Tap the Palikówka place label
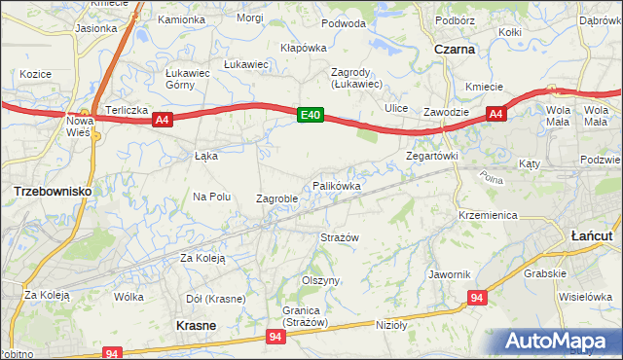[x=338, y=185]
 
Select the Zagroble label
[x=276, y=198]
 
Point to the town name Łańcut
[x=590, y=235]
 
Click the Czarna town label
[x=456, y=48]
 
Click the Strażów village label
[x=341, y=237]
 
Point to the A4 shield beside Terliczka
[x=163, y=121]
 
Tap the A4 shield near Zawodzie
[x=495, y=115]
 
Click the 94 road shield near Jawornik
[x=476, y=298]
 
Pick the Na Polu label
[x=212, y=197]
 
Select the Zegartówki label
[x=431, y=156]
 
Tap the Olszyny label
[x=320, y=280]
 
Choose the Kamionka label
[x=182, y=19]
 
